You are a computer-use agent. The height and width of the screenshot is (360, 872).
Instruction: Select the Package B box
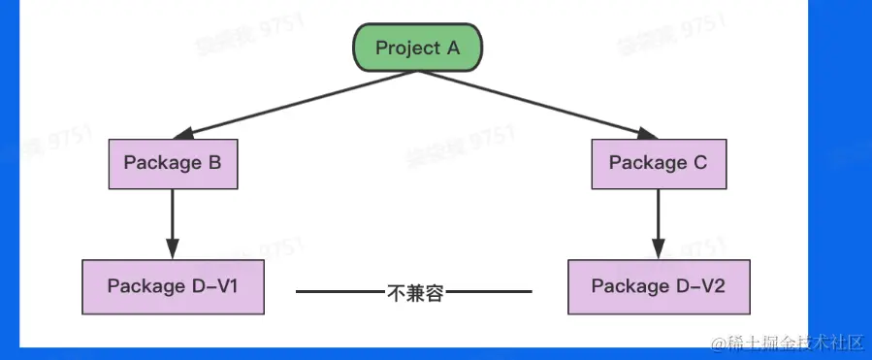click(173, 163)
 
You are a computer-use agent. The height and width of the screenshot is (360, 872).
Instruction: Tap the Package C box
click(659, 163)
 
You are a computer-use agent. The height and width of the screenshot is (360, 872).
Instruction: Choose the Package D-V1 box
click(173, 286)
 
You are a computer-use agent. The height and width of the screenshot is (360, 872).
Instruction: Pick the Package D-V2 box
click(659, 286)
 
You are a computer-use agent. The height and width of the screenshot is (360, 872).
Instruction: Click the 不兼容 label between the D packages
click(414, 291)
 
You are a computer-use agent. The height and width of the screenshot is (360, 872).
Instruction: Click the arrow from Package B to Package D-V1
click(173, 218)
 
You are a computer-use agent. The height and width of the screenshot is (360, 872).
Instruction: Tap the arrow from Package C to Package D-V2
click(659, 218)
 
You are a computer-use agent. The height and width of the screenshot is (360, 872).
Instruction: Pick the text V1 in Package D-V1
click(227, 286)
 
